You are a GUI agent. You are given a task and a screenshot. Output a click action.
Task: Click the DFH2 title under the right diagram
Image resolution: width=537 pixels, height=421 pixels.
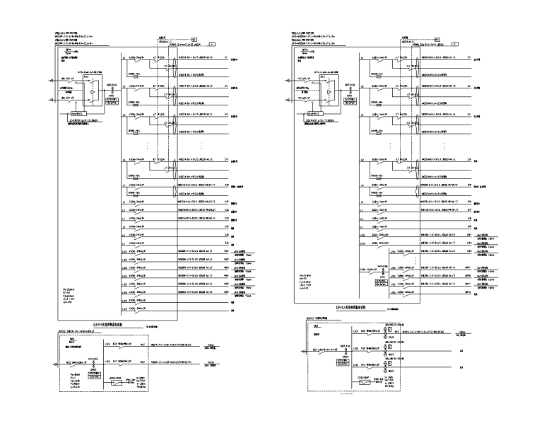[x=346, y=308]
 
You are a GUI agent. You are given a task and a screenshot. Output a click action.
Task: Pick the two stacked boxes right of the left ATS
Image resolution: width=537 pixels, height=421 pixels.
[x=110, y=100]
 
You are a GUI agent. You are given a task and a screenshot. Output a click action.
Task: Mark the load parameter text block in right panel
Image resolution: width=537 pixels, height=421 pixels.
[x=308, y=282]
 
